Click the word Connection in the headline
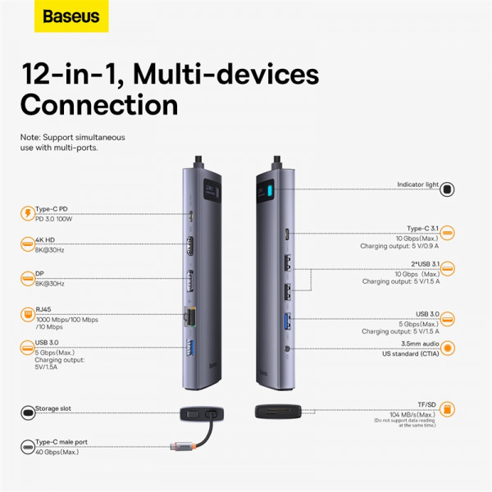[98, 105]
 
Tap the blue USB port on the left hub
[192, 347]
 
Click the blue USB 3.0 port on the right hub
[287, 321]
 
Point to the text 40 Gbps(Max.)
[57, 452]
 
